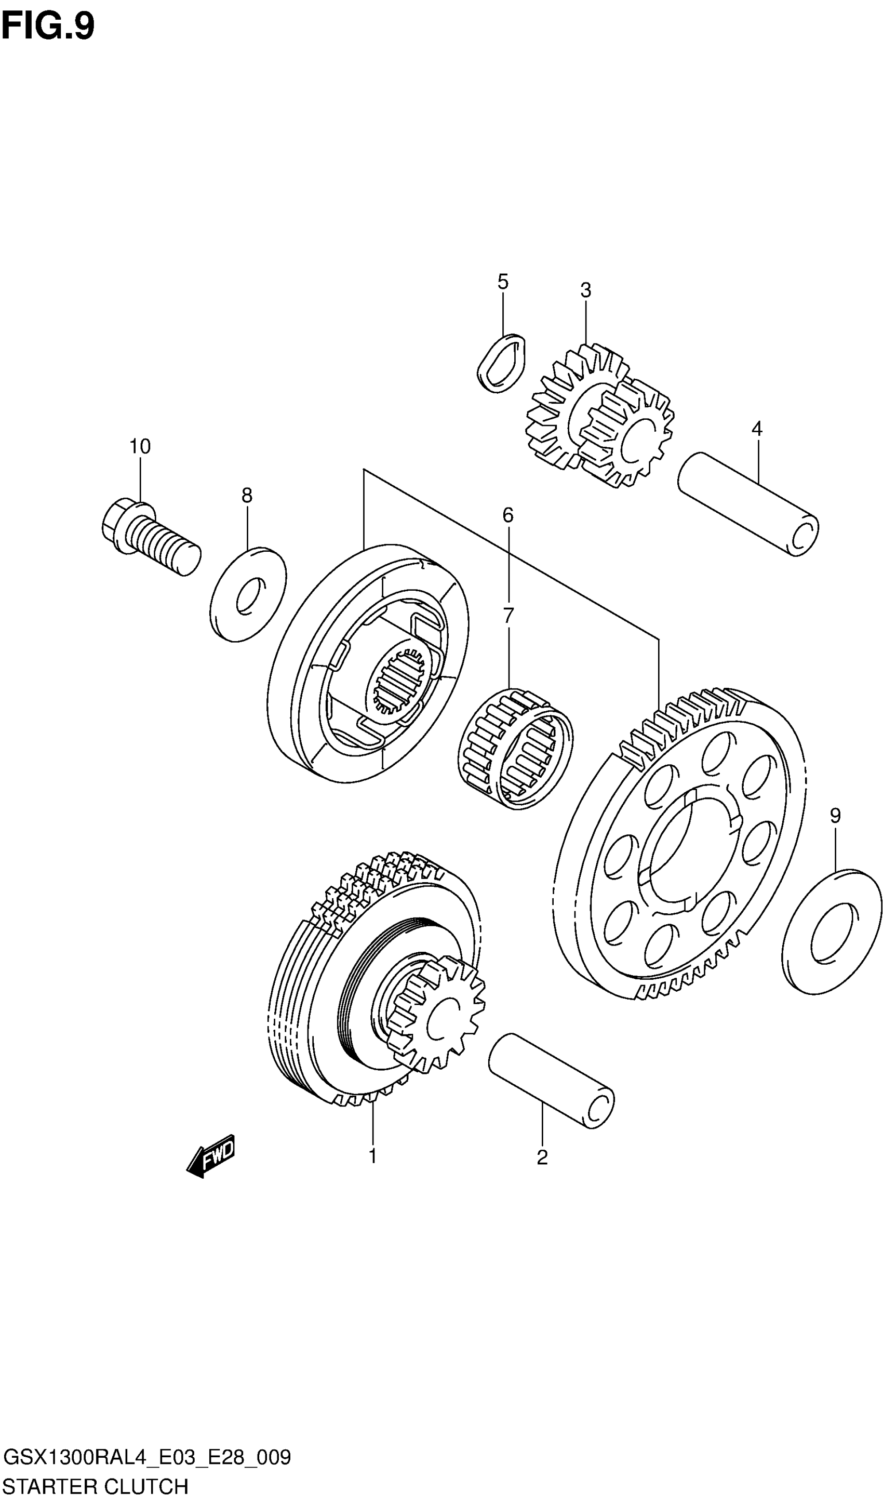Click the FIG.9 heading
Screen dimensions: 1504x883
48,27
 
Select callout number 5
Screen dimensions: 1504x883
503,282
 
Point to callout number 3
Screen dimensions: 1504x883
585,290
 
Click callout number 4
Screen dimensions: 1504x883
756,429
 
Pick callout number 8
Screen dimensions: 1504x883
246,496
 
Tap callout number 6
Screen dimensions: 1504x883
508,515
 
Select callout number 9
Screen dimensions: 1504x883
835,816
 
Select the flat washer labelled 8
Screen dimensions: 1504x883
248,594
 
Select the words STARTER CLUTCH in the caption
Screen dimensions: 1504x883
96,1485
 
